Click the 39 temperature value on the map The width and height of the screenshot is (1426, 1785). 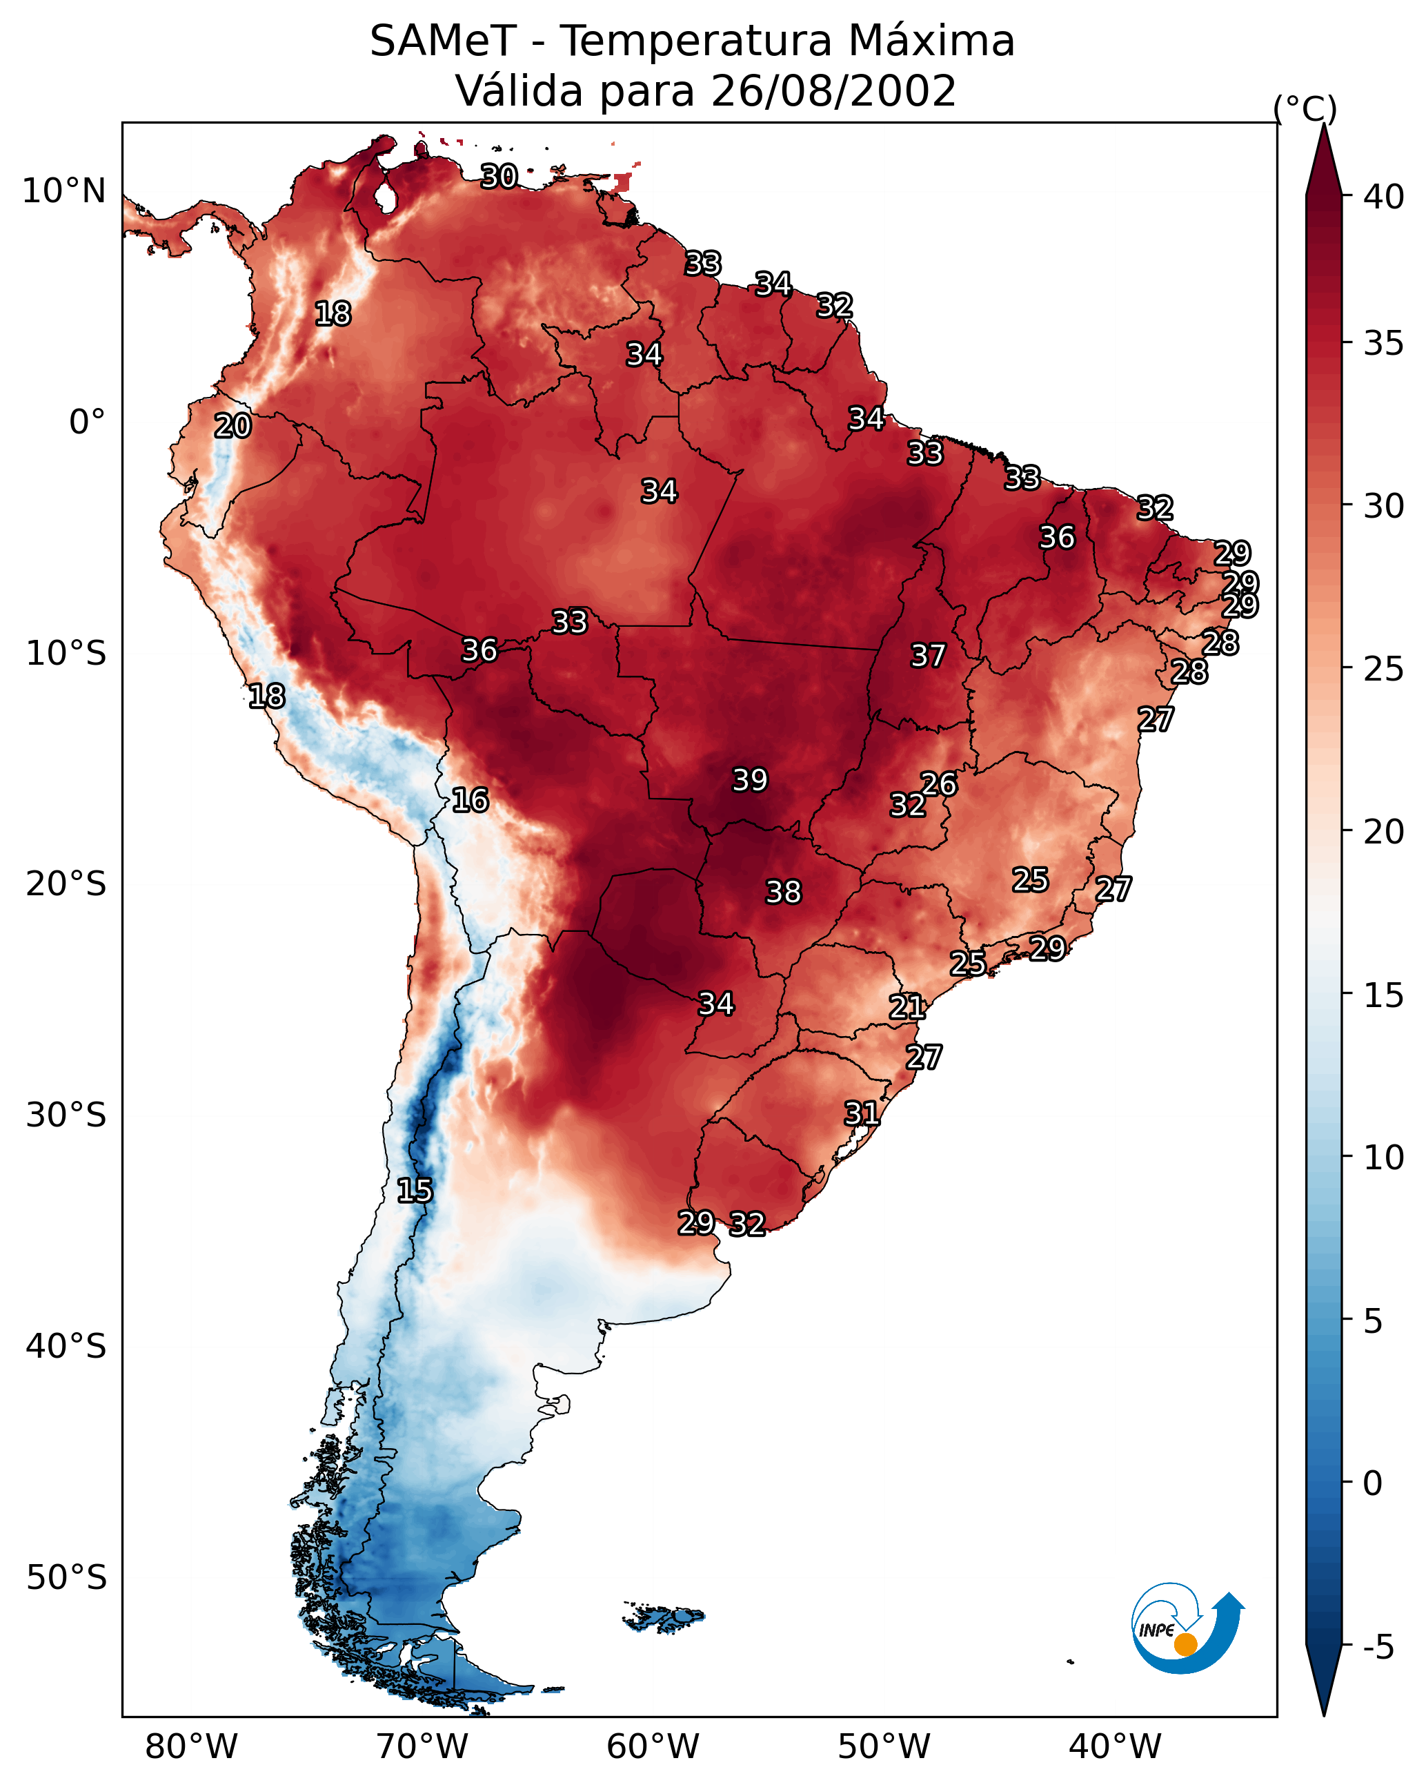pyautogui.click(x=750, y=780)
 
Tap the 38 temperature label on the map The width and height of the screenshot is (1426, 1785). pyautogui.click(x=783, y=892)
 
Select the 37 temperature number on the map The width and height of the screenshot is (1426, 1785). pyautogui.click(x=928, y=656)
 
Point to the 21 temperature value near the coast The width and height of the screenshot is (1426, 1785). pyautogui.click(x=907, y=1007)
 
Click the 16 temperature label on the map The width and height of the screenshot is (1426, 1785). pyautogui.click(x=470, y=800)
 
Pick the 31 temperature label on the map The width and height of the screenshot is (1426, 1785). pyautogui.click(x=862, y=1113)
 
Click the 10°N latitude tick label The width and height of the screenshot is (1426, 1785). pyautogui.click(x=63, y=191)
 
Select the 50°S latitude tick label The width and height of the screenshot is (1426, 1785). pyautogui.click(x=66, y=1577)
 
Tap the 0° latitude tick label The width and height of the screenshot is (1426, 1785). pyautogui.click(x=88, y=422)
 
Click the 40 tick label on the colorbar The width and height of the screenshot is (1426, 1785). pyautogui.click(x=1384, y=197)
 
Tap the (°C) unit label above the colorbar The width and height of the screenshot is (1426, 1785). pyautogui.click(x=1305, y=108)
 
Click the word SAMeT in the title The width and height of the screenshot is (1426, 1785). pyautogui.click(x=443, y=41)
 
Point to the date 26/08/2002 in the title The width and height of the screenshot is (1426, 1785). pyautogui.click(x=833, y=90)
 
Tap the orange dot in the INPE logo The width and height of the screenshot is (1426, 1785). pyautogui.click(x=1185, y=1644)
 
